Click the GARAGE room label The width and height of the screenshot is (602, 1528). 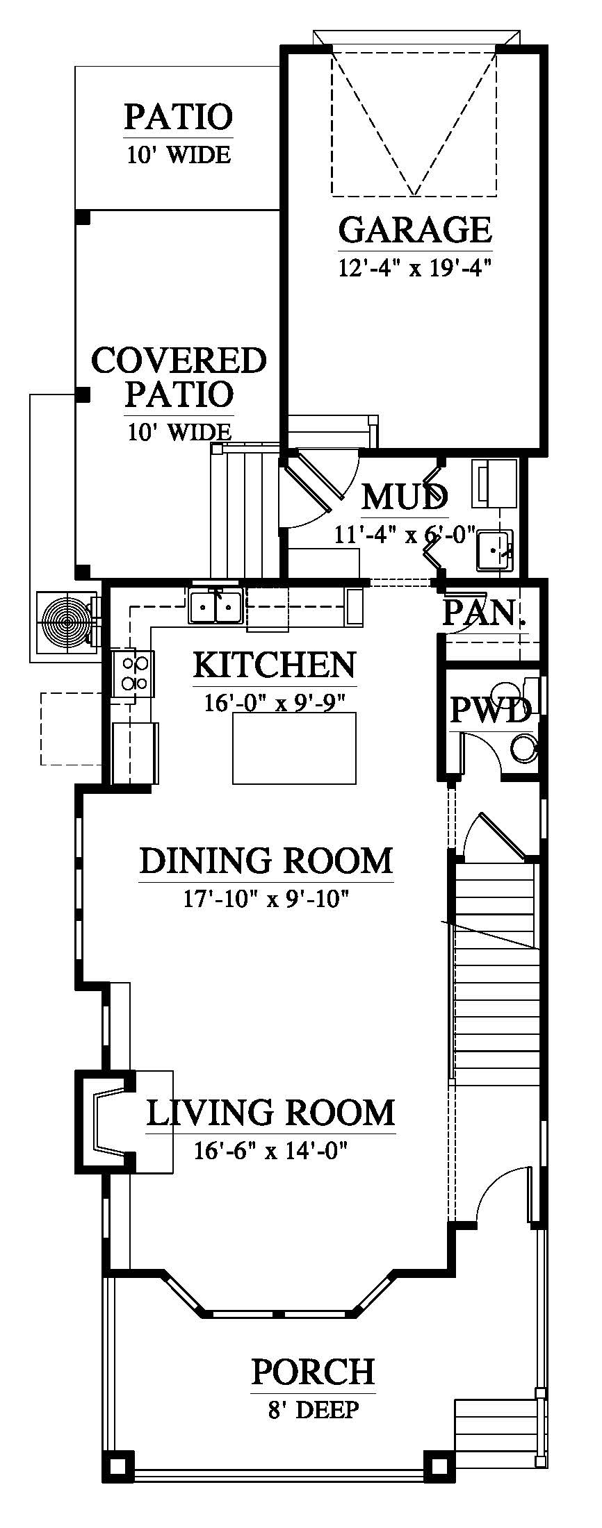(x=415, y=229)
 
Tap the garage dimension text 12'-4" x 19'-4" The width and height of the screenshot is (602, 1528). (x=415, y=267)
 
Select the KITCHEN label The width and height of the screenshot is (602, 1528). (x=274, y=665)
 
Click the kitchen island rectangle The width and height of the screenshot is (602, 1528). (x=294, y=747)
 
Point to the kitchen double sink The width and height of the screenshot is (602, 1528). (x=214, y=606)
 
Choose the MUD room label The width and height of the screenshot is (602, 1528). (x=405, y=497)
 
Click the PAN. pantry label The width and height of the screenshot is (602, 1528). (x=485, y=613)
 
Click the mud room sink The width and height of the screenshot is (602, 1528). (x=494, y=550)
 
